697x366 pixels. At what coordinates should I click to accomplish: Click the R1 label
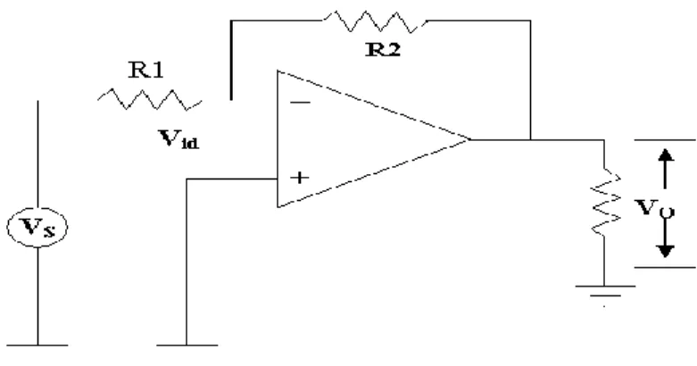[x=146, y=70]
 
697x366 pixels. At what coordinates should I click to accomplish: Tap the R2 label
[x=383, y=49]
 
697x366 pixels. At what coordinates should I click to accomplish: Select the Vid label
[x=178, y=138]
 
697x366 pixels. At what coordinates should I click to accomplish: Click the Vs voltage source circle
[x=37, y=227]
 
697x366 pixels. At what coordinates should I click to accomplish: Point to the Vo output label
[x=654, y=208]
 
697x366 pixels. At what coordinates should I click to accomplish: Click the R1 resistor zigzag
[x=150, y=99]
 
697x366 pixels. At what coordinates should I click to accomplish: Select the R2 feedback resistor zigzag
[x=376, y=21]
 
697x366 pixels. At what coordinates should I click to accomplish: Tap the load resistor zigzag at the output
[x=605, y=203]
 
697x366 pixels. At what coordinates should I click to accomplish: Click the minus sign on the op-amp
[x=301, y=104]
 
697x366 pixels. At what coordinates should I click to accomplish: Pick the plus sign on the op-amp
[x=300, y=178]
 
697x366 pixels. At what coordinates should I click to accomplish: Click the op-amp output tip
[x=470, y=139]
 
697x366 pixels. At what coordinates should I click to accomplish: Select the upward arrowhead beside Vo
[x=665, y=154]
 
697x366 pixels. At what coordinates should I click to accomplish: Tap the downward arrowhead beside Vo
[x=665, y=251]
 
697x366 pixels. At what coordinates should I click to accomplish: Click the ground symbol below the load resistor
[x=605, y=291]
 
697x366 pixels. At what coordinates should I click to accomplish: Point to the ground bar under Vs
[x=37, y=345]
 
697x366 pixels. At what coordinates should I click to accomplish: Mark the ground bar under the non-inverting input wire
[x=187, y=345]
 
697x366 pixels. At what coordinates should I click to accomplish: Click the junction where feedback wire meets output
[x=530, y=139]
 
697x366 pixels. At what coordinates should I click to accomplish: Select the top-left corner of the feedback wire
[x=231, y=21]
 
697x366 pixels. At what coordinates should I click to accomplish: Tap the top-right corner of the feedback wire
[x=530, y=21]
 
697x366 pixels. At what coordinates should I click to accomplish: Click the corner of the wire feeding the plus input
[x=187, y=179]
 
